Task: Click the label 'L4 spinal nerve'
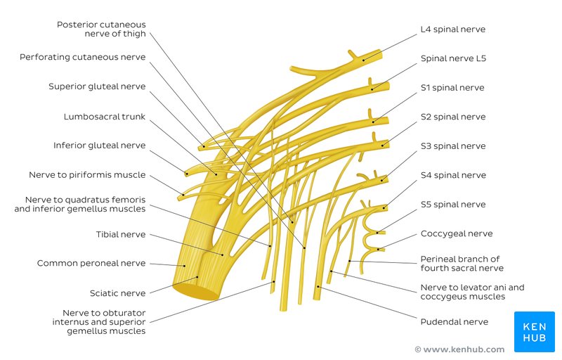pos(452,30)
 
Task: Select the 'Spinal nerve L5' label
pos(453,59)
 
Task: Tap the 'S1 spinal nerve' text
pos(452,88)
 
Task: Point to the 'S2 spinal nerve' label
pos(452,117)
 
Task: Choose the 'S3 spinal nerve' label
pos(452,146)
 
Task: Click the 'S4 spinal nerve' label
pos(452,175)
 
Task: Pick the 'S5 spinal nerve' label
pos(452,205)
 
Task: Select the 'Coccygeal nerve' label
pos(456,233)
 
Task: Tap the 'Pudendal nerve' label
pos(454,322)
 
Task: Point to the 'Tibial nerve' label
pos(121,234)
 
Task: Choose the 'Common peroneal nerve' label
pos(91,264)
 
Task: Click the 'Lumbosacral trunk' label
pos(105,117)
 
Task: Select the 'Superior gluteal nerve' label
pos(97,86)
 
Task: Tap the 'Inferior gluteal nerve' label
pos(99,146)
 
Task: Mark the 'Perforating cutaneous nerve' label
pos(83,57)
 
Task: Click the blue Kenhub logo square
pos(535,331)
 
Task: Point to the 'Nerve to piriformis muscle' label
pos(87,174)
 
